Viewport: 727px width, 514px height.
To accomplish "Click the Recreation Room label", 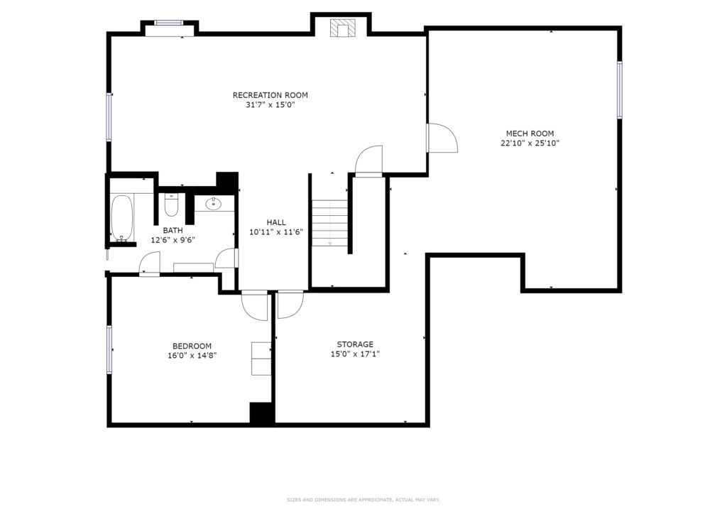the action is point(270,95).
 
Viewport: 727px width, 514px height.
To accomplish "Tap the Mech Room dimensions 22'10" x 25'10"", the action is point(530,143).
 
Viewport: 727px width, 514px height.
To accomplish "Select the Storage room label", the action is point(355,344).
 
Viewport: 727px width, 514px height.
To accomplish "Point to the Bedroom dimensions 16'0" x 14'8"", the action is point(192,356).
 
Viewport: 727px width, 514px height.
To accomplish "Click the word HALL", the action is point(276,222).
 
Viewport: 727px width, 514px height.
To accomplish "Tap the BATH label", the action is point(173,230).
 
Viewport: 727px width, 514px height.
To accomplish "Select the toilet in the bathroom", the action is point(171,205).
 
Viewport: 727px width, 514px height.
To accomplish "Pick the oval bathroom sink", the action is point(214,204).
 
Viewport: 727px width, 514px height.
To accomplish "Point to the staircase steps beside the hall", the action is point(329,222).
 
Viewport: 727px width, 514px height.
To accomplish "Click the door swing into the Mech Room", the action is point(442,138).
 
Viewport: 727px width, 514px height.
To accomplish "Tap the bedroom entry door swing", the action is point(255,305).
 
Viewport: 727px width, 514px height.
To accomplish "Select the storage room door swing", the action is point(290,305).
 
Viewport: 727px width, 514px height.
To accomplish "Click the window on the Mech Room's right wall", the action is point(619,89).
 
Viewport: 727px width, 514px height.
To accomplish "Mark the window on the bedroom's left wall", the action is point(109,349).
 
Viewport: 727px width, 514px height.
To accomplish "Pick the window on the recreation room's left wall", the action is point(109,117).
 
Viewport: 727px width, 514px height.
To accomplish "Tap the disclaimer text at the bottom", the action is point(363,500).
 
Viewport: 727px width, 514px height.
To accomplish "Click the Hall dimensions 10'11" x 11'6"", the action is point(276,232).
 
